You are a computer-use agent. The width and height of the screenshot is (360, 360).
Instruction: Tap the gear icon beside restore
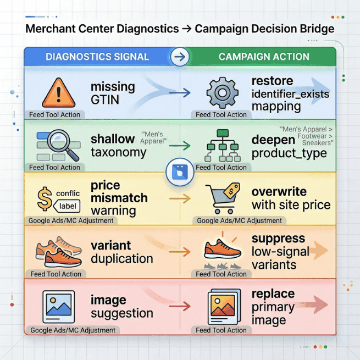[221, 92]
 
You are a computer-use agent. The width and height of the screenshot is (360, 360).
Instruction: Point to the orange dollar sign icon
[45, 198]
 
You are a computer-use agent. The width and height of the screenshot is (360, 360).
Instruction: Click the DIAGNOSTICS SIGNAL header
[97, 57]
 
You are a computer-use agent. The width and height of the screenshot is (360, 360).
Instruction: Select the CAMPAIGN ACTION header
[263, 57]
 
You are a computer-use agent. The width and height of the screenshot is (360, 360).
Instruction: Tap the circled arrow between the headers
[180, 57]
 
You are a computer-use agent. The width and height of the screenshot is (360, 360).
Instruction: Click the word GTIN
[105, 100]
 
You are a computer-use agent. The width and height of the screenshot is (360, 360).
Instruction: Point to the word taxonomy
[119, 152]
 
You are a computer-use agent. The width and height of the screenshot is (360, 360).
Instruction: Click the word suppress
[278, 239]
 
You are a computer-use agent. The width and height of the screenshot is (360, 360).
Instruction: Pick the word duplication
[122, 258]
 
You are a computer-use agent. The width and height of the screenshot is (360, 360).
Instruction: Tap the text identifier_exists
[290, 94]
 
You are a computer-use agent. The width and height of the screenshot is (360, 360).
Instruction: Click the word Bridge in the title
[313, 29]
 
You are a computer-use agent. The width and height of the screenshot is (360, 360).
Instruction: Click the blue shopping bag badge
[180, 173]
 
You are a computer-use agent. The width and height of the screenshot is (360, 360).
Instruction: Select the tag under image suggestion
[73, 330]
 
